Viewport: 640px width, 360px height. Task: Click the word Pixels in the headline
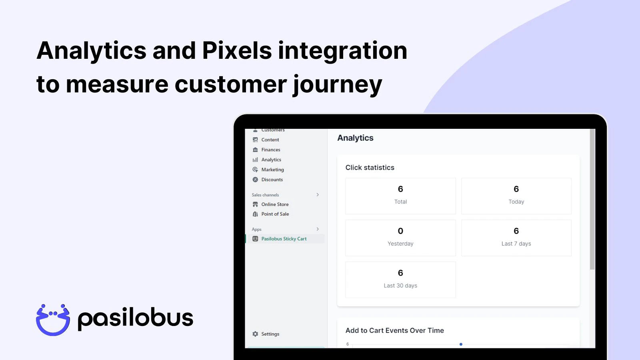tap(237, 50)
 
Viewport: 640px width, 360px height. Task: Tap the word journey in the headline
tap(338, 85)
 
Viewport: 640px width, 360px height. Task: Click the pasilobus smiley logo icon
tap(53, 320)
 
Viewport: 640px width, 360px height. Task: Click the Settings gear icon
tap(255, 334)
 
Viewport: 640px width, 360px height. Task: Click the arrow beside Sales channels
tap(318, 195)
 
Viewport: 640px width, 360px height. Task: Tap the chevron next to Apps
tap(318, 229)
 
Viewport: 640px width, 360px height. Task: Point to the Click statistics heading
tap(370, 168)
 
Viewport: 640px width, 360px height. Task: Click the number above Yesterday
tap(400, 231)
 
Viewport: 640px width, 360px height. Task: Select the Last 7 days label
tap(516, 244)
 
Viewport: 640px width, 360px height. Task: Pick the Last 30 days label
tap(400, 286)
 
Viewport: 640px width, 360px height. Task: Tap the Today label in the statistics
tap(516, 202)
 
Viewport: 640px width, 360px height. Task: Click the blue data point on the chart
tap(461, 344)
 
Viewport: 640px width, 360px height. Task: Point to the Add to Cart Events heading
tap(394, 330)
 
